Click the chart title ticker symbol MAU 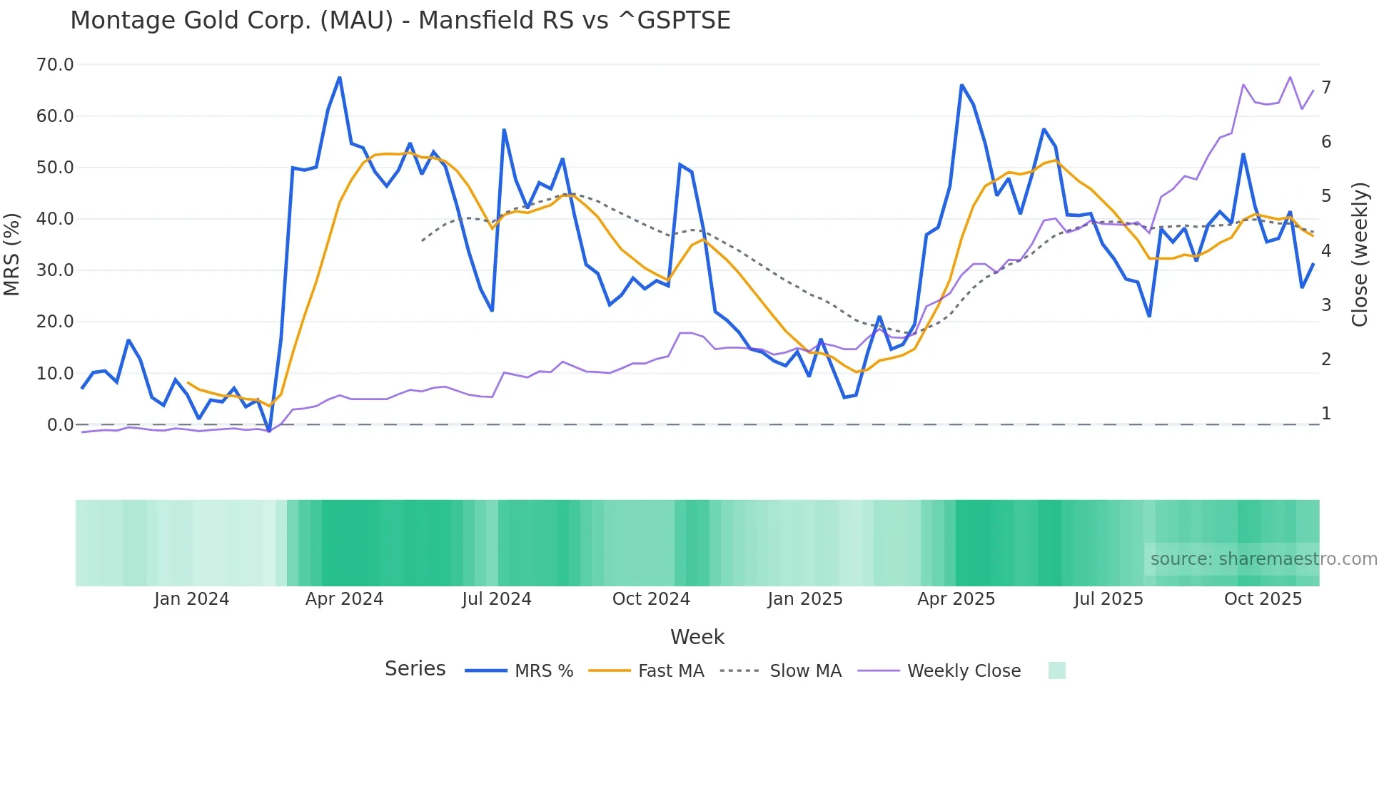click(x=356, y=21)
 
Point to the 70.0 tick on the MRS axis click(x=55, y=65)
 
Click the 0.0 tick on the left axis click(x=60, y=425)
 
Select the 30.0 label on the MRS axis click(x=55, y=270)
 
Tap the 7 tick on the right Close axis click(x=1326, y=88)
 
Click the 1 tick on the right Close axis click(x=1326, y=414)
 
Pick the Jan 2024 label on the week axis click(x=191, y=599)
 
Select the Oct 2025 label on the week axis click(x=1263, y=599)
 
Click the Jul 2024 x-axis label click(x=497, y=599)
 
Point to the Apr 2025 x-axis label click(x=956, y=599)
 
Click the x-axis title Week click(x=697, y=637)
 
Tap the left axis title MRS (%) click(x=12, y=254)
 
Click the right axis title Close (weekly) click(x=1360, y=255)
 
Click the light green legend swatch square click(x=1056, y=670)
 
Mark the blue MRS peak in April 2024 click(x=339, y=77)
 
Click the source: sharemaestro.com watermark click(x=1263, y=559)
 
